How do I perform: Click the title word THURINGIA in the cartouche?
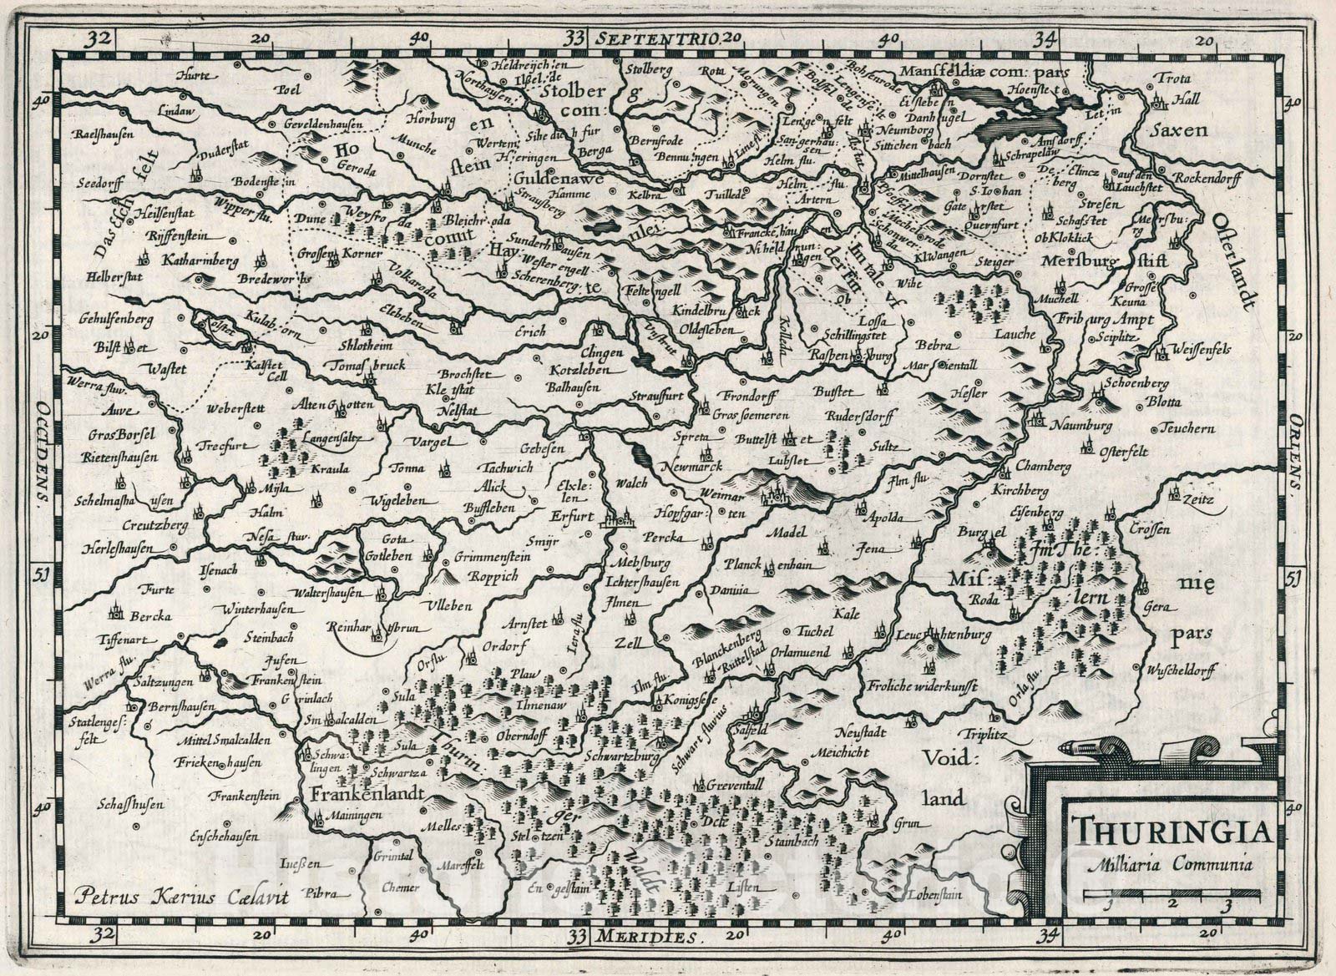1171,832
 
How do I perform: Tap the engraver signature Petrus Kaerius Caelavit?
180,898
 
